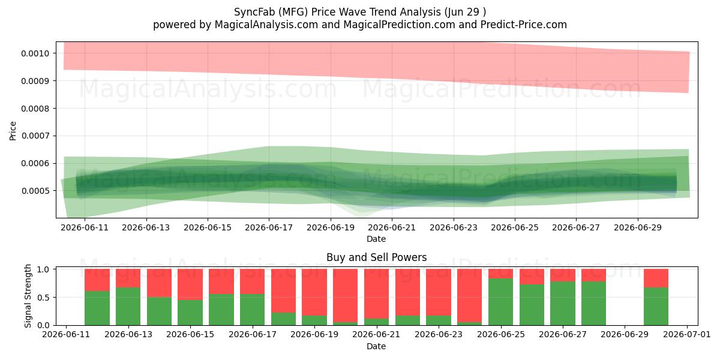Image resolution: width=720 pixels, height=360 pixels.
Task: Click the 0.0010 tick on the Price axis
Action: (35, 53)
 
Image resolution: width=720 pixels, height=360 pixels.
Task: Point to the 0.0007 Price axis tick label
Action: (35, 136)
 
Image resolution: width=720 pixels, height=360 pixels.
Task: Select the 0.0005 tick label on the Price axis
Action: (35, 191)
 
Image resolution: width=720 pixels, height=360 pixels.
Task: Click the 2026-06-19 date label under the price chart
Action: (331, 227)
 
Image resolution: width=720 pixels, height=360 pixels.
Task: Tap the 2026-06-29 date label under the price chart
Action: (638, 227)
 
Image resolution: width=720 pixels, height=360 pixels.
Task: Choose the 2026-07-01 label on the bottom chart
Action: (687, 335)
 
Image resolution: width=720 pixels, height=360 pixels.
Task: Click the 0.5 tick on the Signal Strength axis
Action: (43, 298)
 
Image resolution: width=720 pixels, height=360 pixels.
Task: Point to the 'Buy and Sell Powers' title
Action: (376, 257)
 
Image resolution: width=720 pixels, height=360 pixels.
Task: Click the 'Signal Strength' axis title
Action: (28, 296)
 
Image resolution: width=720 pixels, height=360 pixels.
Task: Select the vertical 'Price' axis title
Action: (13, 131)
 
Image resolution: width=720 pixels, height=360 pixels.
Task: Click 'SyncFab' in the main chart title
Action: (254, 12)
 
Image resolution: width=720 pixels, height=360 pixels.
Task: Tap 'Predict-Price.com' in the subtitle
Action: (524, 25)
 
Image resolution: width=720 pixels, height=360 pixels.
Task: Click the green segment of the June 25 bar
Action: (501, 302)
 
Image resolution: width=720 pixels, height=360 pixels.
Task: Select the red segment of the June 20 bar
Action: (345, 296)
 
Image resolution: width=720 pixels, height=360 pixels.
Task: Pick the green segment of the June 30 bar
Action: (656, 307)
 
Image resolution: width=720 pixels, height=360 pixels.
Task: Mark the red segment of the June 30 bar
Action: (656, 278)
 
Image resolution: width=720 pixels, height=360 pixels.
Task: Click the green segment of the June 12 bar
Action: (97, 308)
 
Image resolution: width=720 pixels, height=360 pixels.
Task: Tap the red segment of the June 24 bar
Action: (470, 296)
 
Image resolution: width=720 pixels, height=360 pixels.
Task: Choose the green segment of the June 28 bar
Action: (593, 304)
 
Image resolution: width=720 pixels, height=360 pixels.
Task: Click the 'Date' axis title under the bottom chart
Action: (376, 347)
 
